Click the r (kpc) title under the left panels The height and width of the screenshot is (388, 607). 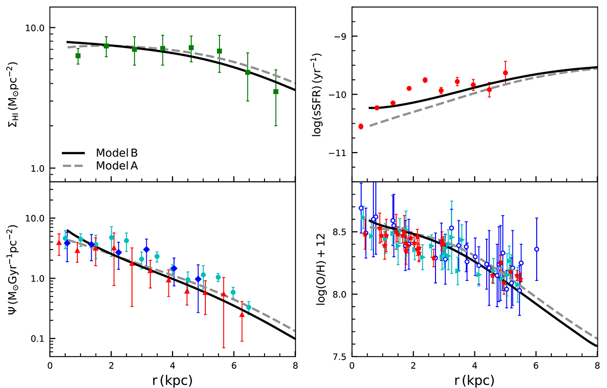pyautogui.click(x=172, y=378)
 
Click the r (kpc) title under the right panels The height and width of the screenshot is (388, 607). pyautogui.click(x=474, y=378)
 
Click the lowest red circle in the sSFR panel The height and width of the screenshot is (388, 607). pyautogui.click(x=361, y=126)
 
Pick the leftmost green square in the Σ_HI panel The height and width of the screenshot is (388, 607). pyautogui.click(x=78, y=56)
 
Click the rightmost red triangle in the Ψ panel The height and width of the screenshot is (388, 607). pyautogui.click(x=242, y=315)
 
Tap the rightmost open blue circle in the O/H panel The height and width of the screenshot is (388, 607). pyautogui.click(x=537, y=249)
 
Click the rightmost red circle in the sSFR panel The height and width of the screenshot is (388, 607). pyautogui.click(x=505, y=73)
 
